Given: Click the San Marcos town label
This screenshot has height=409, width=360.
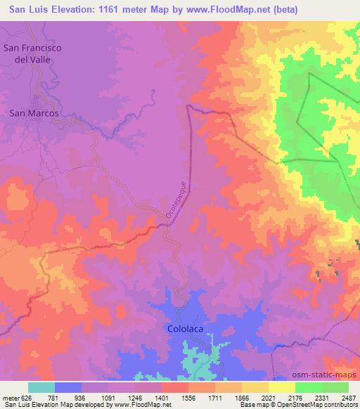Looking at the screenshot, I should (33, 112).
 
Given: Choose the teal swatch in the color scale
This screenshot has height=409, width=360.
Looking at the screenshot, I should (41, 387).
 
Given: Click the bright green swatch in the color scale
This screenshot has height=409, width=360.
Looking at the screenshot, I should (309, 387).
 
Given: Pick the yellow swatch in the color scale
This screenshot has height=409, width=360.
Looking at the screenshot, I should (282, 387).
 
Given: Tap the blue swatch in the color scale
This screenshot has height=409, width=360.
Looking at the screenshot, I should (68, 387).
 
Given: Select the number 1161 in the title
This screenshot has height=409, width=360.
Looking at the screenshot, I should (116, 10).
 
